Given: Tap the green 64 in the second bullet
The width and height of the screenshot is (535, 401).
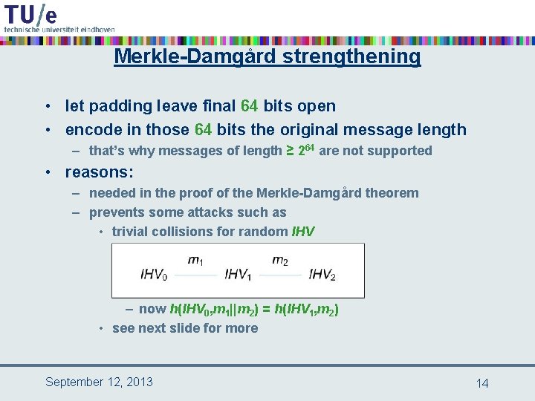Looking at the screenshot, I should [203, 129].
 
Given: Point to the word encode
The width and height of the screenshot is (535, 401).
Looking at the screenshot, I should [90, 129].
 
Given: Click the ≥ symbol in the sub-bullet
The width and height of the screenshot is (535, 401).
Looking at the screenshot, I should [290, 151].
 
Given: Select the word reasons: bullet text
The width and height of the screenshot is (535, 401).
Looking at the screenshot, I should [100, 172].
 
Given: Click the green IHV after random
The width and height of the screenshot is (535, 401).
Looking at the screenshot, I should [304, 232].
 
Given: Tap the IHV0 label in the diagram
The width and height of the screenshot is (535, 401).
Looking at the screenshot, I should [154, 275].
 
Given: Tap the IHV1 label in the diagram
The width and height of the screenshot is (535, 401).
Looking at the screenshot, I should [239, 275].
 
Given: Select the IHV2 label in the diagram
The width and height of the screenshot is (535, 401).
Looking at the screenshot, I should [322, 275].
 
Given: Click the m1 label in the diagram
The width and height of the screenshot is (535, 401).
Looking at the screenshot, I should [195, 260].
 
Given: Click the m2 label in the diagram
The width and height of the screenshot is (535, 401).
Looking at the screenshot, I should [280, 260].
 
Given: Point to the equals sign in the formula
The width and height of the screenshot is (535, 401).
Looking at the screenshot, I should [267, 309].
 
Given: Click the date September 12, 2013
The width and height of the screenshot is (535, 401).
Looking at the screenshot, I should [99, 382].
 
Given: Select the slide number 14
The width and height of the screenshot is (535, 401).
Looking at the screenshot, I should [482, 383].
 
